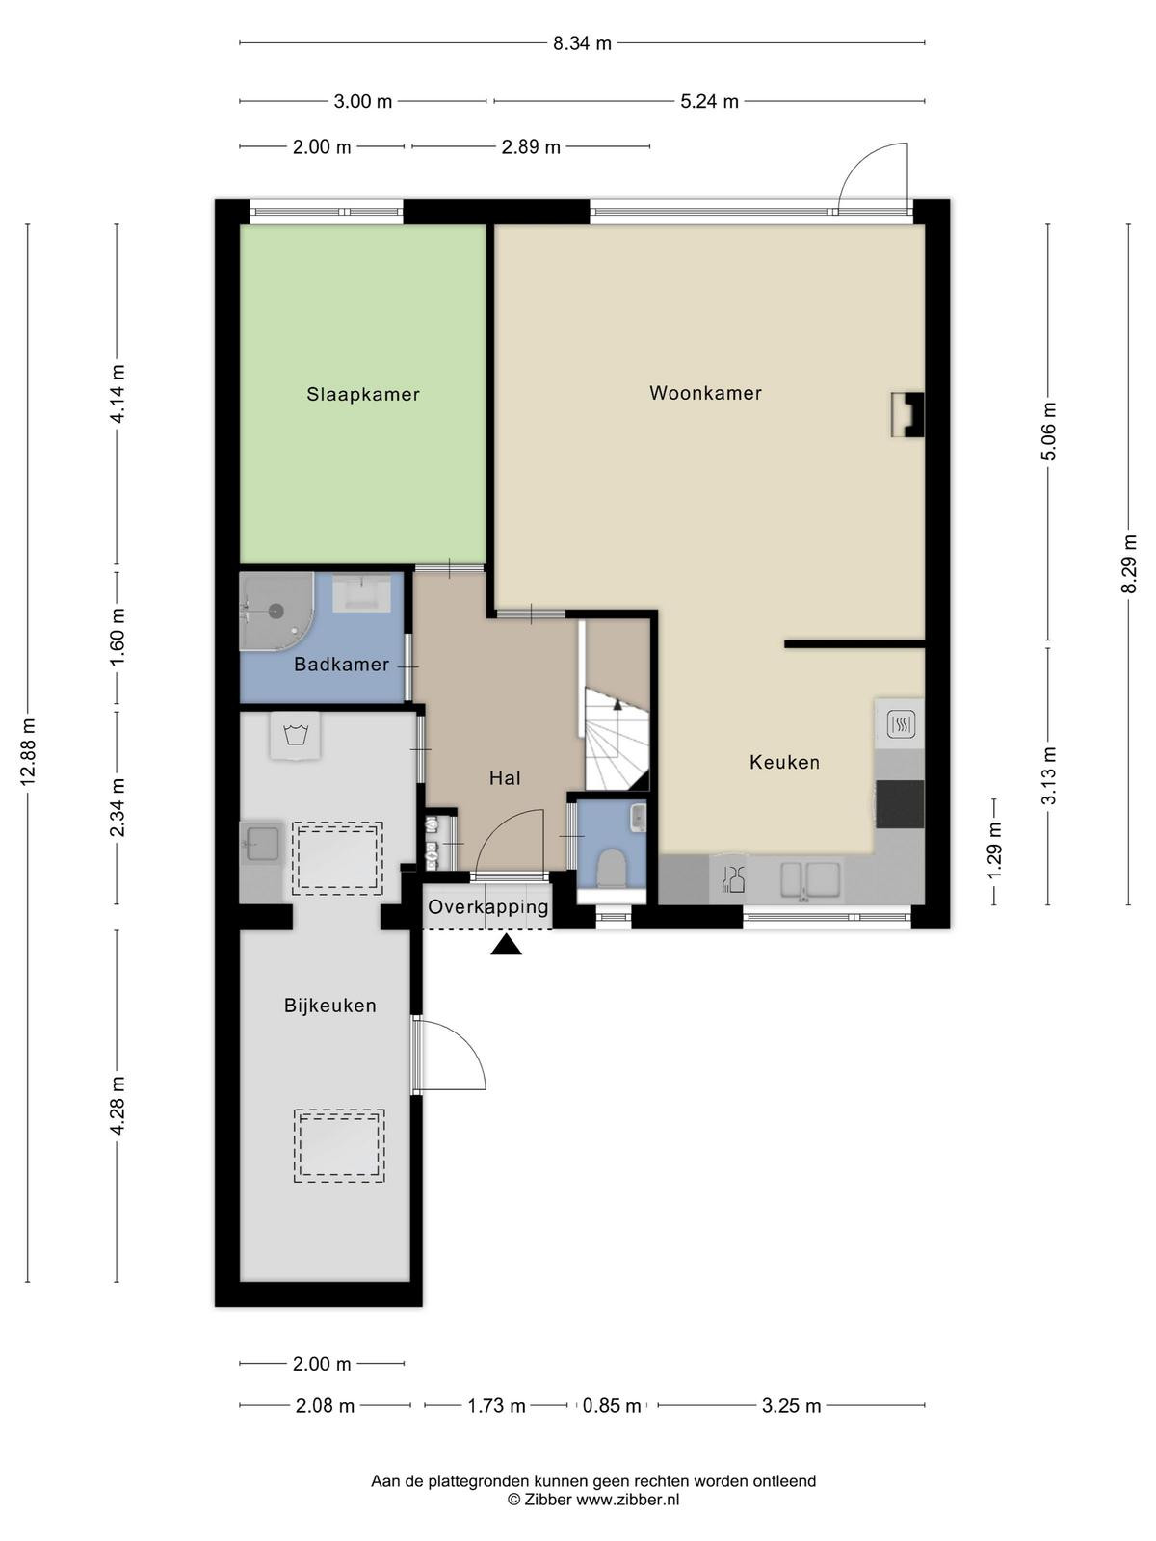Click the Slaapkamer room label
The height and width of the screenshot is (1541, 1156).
pos(363,394)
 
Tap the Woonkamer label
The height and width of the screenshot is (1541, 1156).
pos(705,392)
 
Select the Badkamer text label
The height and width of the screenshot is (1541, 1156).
pos(341,664)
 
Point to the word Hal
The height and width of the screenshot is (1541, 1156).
pos(505,777)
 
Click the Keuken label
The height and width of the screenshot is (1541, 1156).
pos(784,762)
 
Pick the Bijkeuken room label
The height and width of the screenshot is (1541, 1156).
pos(329,1006)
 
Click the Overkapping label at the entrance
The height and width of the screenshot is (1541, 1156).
pos(487,906)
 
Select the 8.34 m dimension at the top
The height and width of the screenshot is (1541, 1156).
pos(582,43)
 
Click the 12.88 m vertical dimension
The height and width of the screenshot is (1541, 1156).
pos(28,752)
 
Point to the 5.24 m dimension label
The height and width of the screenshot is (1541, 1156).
pos(709,102)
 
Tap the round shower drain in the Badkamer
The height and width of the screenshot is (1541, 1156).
pos(276,611)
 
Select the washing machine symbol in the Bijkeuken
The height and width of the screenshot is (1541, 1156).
pos(296,736)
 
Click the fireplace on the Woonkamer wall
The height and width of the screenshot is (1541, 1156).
pos(906,414)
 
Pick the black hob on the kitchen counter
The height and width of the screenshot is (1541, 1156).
pos(899,803)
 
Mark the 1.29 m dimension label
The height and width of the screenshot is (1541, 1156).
pos(994,850)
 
